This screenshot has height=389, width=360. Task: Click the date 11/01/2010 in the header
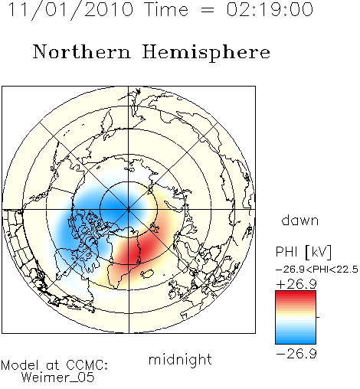pos(71,10)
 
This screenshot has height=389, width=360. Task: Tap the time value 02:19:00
pos(270,10)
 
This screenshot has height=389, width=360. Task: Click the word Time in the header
pos(166,10)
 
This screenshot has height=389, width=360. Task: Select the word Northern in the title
pos(81,51)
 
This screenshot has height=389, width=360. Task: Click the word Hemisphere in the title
pos(206,52)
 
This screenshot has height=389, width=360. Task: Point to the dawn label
pos(300,220)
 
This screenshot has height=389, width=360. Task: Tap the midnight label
pos(180,359)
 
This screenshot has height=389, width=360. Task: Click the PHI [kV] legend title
pos(303,252)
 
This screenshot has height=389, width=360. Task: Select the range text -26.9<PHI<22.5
pos(317,270)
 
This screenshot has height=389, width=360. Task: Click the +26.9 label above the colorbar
pos(296,284)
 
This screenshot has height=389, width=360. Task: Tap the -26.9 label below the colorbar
pos(296,354)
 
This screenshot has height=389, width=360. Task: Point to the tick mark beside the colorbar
pos(318,317)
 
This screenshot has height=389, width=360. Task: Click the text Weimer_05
pos(58,378)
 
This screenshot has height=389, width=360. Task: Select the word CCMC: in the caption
pos(87,365)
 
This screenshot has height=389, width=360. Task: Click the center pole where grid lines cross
pos(129,210)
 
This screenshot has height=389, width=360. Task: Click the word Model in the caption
pos(20,365)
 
